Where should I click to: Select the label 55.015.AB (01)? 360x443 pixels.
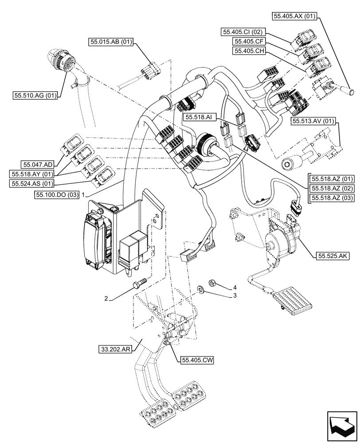[111, 42]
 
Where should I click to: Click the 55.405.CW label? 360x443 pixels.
[197, 361]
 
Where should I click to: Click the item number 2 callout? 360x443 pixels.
[106, 299]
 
